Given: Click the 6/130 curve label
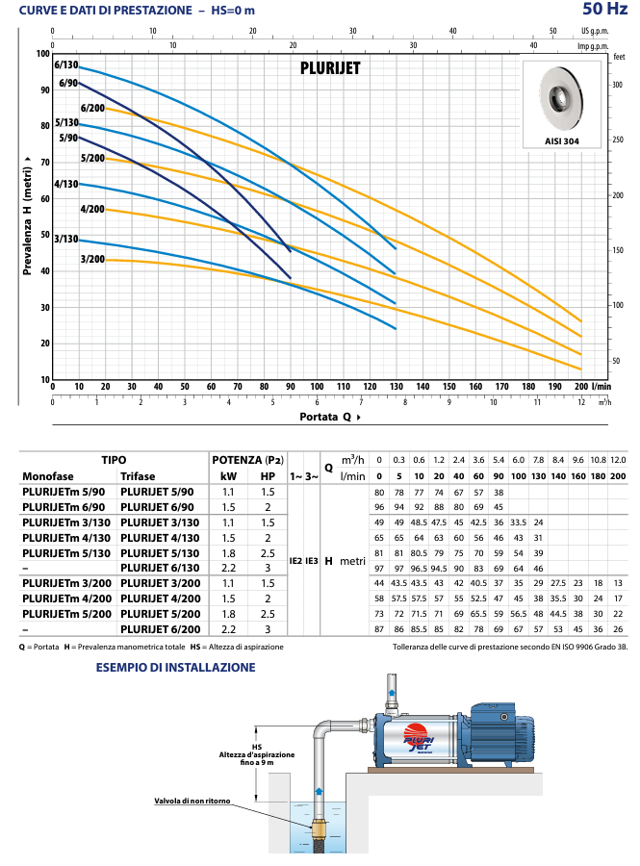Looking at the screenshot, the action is tap(66, 64).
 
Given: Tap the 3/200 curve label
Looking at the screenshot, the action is tap(92, 259).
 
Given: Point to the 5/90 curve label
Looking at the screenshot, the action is tap(68, 138).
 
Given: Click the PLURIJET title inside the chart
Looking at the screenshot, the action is tap(330, 68).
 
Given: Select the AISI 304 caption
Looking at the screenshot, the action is tap(562, 141).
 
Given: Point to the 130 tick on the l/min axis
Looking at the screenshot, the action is tap(397, 387).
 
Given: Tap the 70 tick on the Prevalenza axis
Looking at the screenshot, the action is tap(45, 163).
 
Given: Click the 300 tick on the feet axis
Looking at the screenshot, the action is tap(617, 85).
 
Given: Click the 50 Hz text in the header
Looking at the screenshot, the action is tap(605, 9).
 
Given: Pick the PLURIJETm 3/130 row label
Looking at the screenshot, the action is tap(66, 522).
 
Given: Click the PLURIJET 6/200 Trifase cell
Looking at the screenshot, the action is tap(160, 629).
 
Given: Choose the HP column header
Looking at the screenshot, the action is tap(268, 476).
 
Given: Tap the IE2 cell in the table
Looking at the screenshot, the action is tap(296, 561).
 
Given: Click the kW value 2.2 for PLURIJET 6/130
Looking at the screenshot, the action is tap(228, 568).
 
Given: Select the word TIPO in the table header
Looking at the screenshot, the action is tap(114, 460).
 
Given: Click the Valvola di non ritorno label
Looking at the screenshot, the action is tap(192, 801).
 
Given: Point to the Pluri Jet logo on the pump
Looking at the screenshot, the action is tap(418, 738).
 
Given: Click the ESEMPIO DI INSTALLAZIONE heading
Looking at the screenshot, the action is tap(175, 667).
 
